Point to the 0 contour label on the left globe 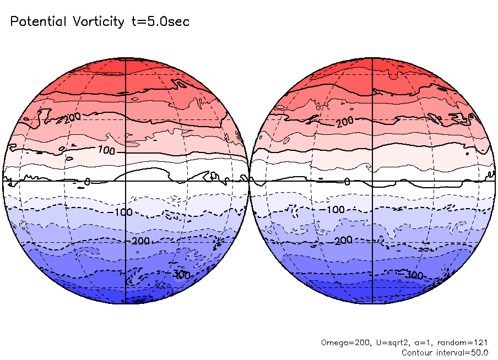coord(87,181)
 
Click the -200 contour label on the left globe coord(137,242)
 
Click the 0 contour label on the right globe coord(347,182)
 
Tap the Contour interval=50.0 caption coord(445,352)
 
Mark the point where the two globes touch coord(249,180)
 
